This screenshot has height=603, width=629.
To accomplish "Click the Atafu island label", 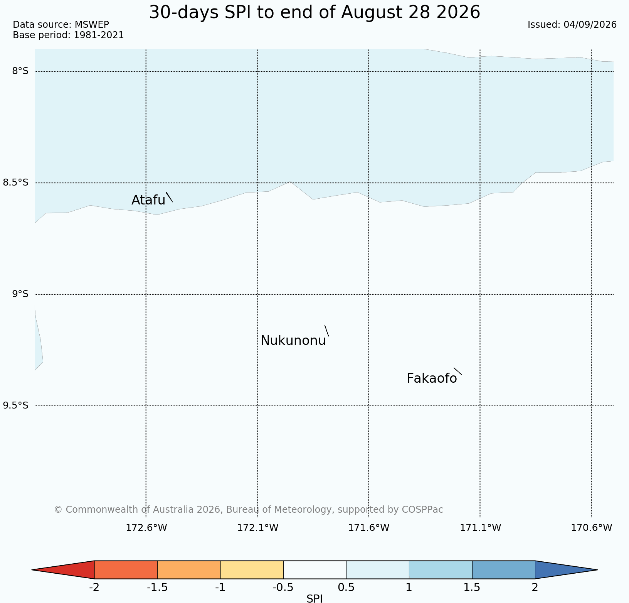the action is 148,200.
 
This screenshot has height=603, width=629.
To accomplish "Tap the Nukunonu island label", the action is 293,341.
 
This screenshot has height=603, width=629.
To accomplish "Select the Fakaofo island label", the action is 432,378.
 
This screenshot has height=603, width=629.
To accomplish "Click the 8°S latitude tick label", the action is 20,71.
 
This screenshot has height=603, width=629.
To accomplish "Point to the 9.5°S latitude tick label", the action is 16,405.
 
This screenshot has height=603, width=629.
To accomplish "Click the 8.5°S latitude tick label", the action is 16,182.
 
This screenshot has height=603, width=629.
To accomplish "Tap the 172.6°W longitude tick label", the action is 146,527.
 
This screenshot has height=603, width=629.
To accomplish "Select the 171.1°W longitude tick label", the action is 481,527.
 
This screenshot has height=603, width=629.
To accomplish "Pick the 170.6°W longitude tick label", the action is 592,527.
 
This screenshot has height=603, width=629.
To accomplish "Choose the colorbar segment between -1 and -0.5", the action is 252,570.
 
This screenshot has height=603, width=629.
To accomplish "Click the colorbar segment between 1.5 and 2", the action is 503,570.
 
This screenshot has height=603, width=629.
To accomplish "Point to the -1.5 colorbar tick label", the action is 157,588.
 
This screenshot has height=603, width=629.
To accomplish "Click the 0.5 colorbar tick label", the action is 346,588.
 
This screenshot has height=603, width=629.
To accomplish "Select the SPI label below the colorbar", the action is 314,598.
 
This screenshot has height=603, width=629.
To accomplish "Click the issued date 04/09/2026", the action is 590,25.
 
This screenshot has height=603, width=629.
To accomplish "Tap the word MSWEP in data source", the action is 92,25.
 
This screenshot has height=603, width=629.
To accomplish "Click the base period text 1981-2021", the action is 99,35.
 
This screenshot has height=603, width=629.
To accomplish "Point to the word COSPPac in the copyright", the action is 422,510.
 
